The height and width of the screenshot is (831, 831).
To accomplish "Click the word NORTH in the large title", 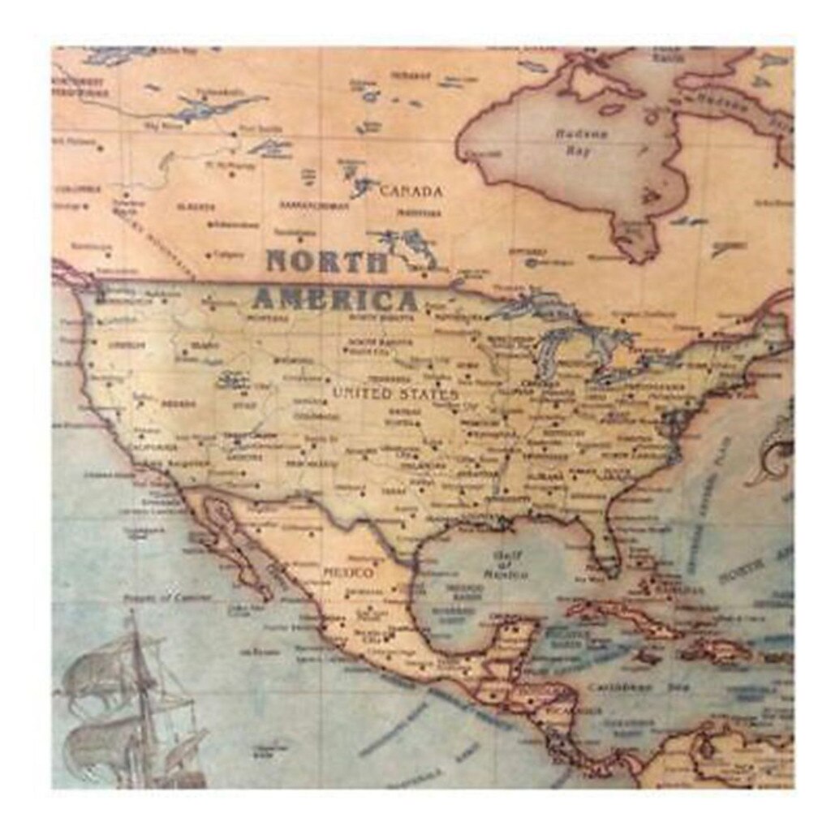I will pos(328,262).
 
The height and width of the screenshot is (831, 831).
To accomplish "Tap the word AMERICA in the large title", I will pos(334,299).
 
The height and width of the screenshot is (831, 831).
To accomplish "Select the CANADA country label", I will pos(411,192).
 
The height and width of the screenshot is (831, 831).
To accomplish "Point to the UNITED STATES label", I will pos(395,394).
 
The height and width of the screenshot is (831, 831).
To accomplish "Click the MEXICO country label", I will pos(348,573).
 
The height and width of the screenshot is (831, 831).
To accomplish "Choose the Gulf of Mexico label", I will pos(505,565).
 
